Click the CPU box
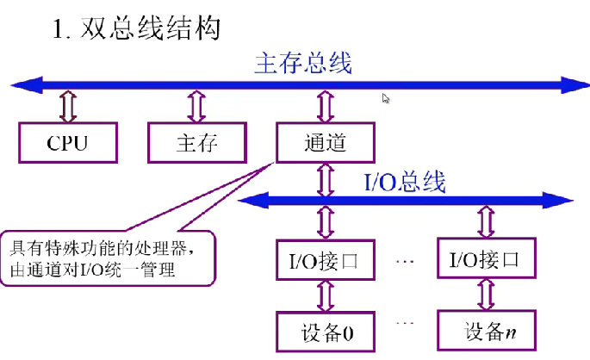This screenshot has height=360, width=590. click(x=66, y=143)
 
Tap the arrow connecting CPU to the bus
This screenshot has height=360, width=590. click(x=66, y=105)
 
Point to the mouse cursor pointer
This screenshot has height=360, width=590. click(x=386, y=98)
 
